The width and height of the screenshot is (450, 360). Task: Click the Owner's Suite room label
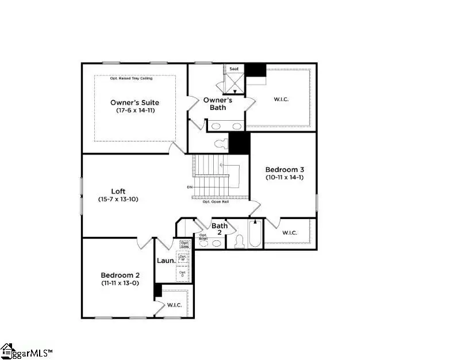coord(134,102)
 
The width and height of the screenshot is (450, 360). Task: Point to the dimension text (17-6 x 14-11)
coord(134,110)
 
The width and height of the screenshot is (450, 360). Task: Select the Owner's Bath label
coord(218,104)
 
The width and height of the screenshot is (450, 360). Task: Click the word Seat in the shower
coord(234,69)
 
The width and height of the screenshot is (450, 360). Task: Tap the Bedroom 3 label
coord(284,170)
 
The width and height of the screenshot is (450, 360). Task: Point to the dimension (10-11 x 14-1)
coord(284,178)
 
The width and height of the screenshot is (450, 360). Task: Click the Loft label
coord(118,192)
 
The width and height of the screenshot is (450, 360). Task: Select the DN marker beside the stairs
coord(190,187)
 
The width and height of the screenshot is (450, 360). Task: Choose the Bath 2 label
coord(220,229)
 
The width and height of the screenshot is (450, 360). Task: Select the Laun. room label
coord(166,260)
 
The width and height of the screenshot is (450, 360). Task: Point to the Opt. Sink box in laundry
coord(184,244)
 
